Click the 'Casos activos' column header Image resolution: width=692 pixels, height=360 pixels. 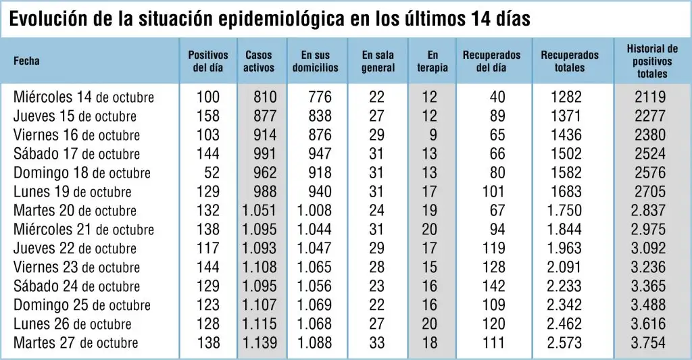[259, 61]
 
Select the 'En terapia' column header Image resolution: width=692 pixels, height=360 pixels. [432, 61]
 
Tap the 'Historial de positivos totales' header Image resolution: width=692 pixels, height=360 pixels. [652, 61]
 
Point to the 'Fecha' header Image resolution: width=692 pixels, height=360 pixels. [26, 61]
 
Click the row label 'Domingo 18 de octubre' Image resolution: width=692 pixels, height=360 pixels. [82, 172]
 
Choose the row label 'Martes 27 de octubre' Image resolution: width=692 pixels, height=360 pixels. [76, 343]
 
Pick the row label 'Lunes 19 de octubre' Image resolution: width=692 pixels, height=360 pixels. [72, 191]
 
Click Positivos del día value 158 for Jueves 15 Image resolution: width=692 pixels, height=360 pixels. [208, 115]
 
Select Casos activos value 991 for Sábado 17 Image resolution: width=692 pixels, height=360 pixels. [265, 153]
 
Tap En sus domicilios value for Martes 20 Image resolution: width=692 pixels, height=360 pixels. [314, 211]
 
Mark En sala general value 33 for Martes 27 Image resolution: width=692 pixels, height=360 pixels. [376, 343]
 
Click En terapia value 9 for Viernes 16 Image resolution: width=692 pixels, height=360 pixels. [433, 134]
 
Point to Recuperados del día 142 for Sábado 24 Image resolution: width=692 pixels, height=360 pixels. [493, 286]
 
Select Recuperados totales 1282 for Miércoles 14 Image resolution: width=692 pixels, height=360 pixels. [566, 97]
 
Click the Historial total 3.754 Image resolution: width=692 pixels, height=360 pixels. [648, 343]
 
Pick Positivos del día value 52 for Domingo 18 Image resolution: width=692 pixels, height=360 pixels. [212, 172]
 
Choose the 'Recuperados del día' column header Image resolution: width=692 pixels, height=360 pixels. [492, 61]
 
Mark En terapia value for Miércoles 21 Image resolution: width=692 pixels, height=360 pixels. [429, 230]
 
